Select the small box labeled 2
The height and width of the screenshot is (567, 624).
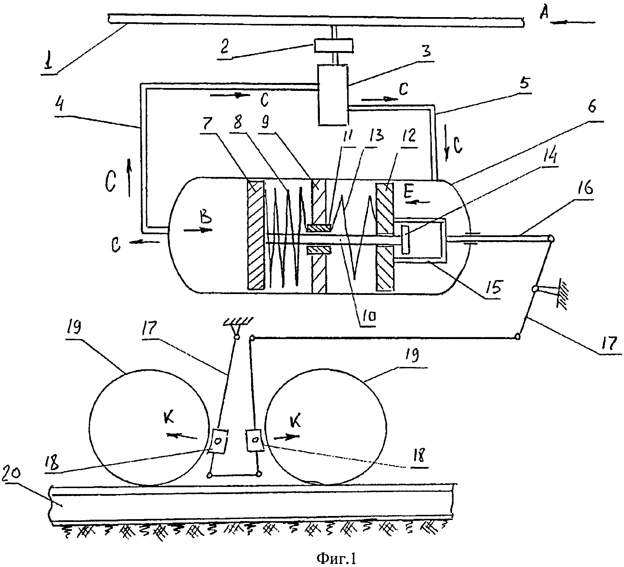333,46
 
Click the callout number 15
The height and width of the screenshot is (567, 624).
493,287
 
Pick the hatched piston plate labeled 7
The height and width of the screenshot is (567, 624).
255,235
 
